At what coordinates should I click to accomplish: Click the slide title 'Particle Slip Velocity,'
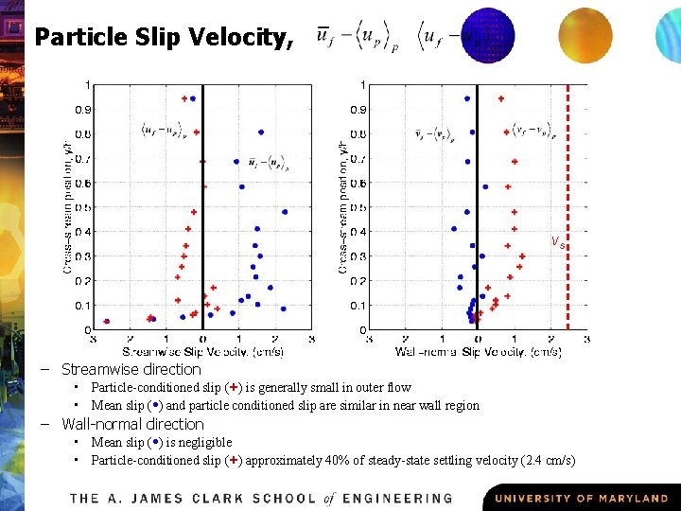(x=165, y=38)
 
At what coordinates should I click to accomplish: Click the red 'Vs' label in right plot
(x=558, y=242)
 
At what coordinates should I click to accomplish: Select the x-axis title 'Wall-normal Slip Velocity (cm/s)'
(x=478, y=352)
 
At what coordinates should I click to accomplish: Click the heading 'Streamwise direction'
(x=131, y=370)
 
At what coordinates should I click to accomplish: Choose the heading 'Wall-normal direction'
(x=133, y=424)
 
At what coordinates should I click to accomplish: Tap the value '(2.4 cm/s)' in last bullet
(x=548, y=461)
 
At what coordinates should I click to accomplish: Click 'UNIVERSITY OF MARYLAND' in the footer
(x=581, y=498)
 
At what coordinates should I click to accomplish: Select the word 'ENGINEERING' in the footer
(x=398, y=498)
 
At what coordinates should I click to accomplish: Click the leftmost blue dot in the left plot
(x=106, y=322)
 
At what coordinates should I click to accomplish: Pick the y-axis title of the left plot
(x=67, y=208)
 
